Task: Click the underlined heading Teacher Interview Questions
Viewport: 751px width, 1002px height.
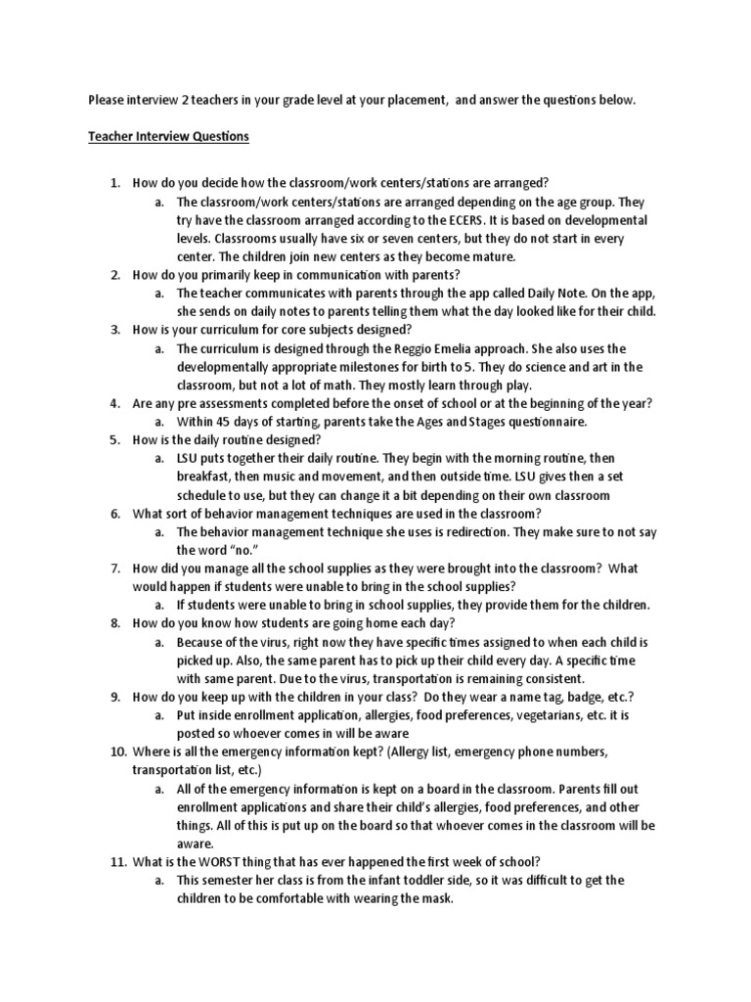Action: coord(169,137)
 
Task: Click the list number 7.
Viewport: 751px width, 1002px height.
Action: coord(114,569)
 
